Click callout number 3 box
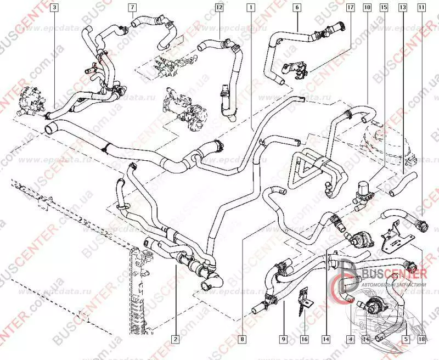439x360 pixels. pyautogui.click(x=54, y=8)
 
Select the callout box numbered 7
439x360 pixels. pyautogui.click(x=132, y=8)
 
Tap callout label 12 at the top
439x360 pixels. pyautogui.click(x=218, y=8)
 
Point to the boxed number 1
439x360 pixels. pyautogui.click(x=251, y=8)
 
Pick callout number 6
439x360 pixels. pyautogui.click(x=296, y=8)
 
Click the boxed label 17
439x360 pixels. pyautogui.click(x=350, y=8)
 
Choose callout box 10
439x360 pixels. pyautogui.click(x=367, y=8)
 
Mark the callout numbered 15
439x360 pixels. pyautogui.click(x=384, y=8)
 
